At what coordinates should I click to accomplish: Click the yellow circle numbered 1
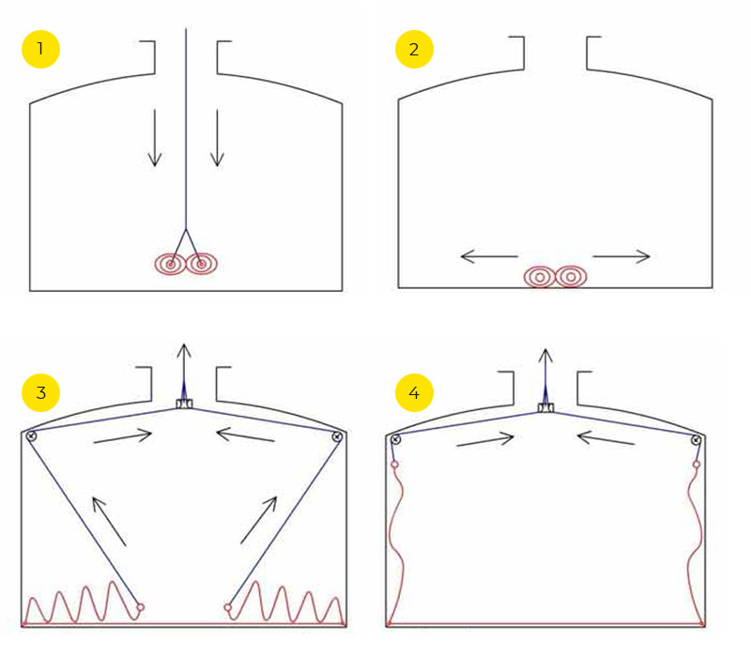[40, 50]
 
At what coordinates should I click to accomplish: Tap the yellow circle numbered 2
[414, 50]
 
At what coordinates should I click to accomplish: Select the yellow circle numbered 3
[40, 392]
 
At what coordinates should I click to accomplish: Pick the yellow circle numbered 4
[414, 392]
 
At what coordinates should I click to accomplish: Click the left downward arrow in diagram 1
[155, 138]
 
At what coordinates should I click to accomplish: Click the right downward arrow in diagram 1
[218, 138]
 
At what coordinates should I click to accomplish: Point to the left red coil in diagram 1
[170, 264]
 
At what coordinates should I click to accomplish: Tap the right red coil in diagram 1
[202, 264]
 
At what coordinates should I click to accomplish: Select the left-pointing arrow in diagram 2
[489, 256]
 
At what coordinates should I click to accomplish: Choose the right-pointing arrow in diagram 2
[621, 256]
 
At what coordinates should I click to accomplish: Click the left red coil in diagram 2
[539, 277]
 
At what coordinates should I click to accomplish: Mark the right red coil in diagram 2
[571, 277]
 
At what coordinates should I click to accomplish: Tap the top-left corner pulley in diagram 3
[31, 435]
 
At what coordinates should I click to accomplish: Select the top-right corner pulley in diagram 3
[337, 436]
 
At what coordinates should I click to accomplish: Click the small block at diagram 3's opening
[184, 404]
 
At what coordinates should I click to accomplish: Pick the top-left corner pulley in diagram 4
[395, 439]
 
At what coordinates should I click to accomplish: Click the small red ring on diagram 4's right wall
[697, 465]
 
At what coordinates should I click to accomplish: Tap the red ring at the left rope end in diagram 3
[140, 607]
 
